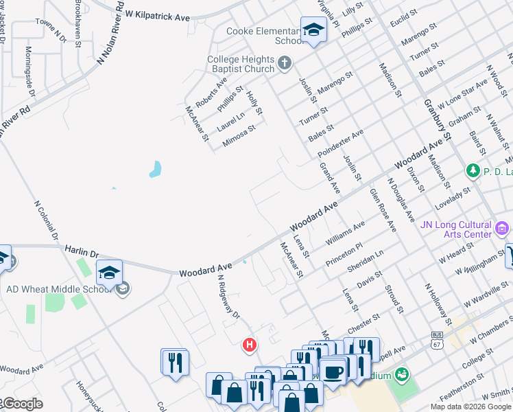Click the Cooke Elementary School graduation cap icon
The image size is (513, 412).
click(x=313, y=30)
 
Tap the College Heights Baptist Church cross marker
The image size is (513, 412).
click(x=285, y=65)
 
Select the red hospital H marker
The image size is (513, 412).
click(x=250, y=345)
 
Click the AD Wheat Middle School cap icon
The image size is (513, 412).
click(x=110, y=273)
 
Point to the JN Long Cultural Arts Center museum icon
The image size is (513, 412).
click(x=502, y=227)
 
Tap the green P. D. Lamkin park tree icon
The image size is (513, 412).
click(x=472, y=170)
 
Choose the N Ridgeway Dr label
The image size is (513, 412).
click(x=229, y=297)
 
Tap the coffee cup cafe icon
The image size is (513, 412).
click(x=333, y=371)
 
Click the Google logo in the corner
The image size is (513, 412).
click(x=22, y=404)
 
